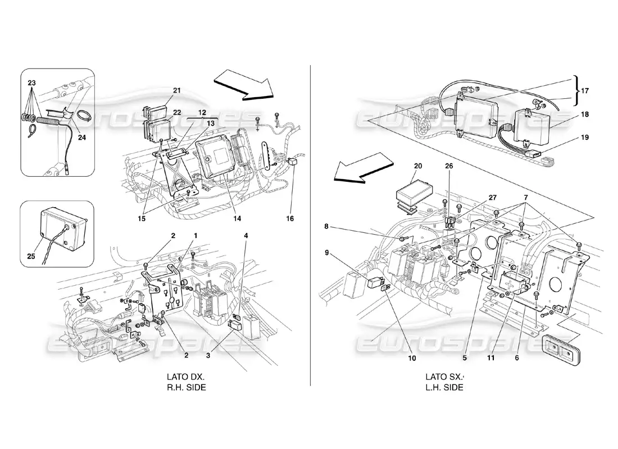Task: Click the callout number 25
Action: (31, 256)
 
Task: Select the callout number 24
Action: (81, 138)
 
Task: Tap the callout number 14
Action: (237, 218)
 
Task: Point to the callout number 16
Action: (290, 218)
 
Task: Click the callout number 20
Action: (418, 166)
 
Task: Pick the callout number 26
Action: (449, 166)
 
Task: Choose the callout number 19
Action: (584, 138)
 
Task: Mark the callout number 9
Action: (327, 253)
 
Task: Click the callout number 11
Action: (490, 358)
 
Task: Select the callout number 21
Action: (177, 90)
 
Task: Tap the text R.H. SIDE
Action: (187, 388)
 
